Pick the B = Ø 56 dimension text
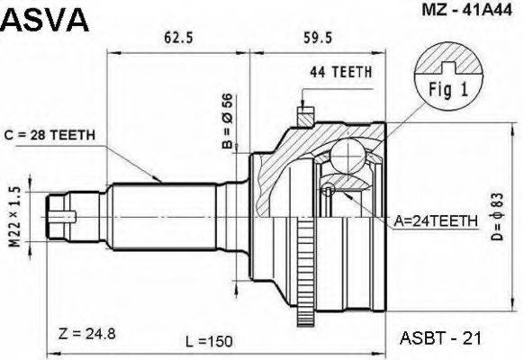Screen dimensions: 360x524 coord(229,121)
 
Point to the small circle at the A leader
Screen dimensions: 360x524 coord(330,190)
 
